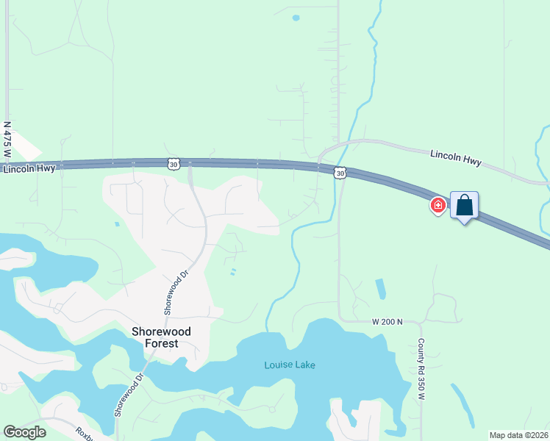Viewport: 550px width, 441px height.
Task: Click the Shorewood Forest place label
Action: (161, 337)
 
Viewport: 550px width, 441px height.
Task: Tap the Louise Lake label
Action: (290, 365)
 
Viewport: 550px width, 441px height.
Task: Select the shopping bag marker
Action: (464, 205)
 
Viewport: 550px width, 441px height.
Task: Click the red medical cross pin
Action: (438, 205)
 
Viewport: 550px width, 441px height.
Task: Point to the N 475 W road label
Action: (7, 140)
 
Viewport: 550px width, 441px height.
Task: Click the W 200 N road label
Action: (389, 321)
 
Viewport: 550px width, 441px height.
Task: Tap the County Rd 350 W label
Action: (422, 370)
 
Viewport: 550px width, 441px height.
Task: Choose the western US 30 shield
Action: (173, 165)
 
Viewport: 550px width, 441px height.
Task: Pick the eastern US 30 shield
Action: (339, 173)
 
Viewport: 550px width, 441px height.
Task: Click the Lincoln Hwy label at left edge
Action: (29, 169)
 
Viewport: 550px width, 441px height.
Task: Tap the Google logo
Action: (24, 432)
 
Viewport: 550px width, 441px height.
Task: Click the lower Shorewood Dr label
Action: (126, 393)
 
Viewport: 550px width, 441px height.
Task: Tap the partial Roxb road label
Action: (86, 433)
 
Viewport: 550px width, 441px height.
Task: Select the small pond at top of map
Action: (296, 18)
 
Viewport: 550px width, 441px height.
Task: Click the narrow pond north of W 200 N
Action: (379, 289)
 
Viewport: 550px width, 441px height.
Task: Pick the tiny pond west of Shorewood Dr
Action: (116, 223)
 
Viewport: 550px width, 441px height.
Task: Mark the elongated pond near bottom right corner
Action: (463, 405)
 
